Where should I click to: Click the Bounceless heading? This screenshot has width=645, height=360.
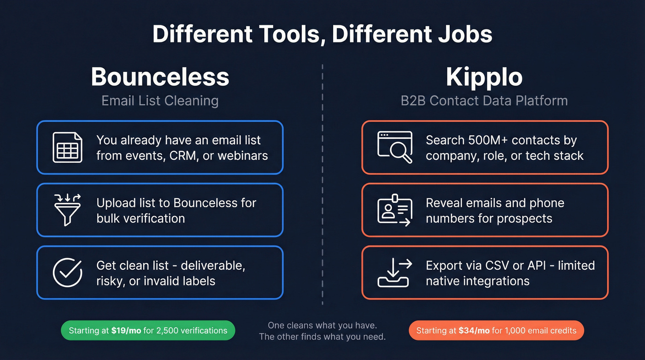click(x=160, y=77)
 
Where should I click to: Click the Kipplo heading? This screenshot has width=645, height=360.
click(x=484, y=77)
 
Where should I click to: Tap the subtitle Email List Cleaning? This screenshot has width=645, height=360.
click(x=160, y=100)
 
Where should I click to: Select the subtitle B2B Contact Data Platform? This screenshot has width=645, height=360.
click(x=484, y=100)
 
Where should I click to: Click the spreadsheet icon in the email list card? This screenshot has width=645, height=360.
click(x=67, y=148)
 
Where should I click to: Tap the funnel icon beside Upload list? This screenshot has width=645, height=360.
click(x=67, y=210)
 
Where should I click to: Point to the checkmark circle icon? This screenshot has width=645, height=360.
click(x=67, y=272)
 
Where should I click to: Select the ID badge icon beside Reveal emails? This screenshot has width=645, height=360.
click(x=394, y=210)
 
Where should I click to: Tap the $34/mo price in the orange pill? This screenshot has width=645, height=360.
click(x=474, y=330)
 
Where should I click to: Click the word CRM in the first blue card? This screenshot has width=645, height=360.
click(x=181, y=156)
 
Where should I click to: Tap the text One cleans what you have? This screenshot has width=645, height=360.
click(x=322, y=325)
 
